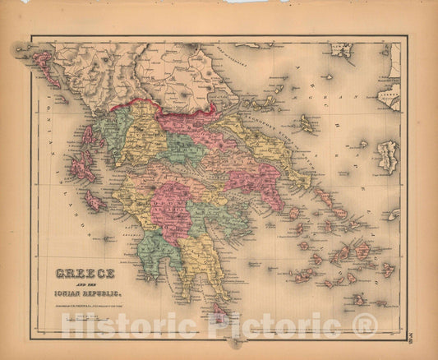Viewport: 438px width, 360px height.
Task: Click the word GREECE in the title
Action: click(85, 273)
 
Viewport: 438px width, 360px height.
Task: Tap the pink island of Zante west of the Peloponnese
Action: click(95, 201)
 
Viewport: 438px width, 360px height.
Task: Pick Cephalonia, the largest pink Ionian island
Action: click(82, 168)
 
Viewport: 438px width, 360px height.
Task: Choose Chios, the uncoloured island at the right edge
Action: click(386, 156)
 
